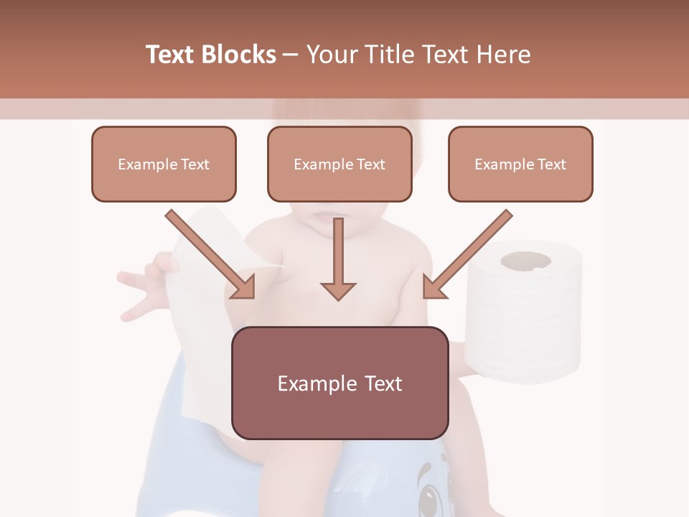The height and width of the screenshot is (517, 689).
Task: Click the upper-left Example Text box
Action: click(x=164, y=164)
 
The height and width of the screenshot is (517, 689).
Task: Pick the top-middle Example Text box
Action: click(x=339, y=164)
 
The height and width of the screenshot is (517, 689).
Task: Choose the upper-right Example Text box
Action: click(x=520, y=164)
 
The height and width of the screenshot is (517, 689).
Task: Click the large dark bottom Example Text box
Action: click(x=340, y=383)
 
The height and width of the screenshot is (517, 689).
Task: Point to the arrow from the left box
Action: click(x=211, y=254)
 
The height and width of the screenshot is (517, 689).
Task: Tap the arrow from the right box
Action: click(x=466, y=254)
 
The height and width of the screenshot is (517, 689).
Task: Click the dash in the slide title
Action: click(x=291, y=55)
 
